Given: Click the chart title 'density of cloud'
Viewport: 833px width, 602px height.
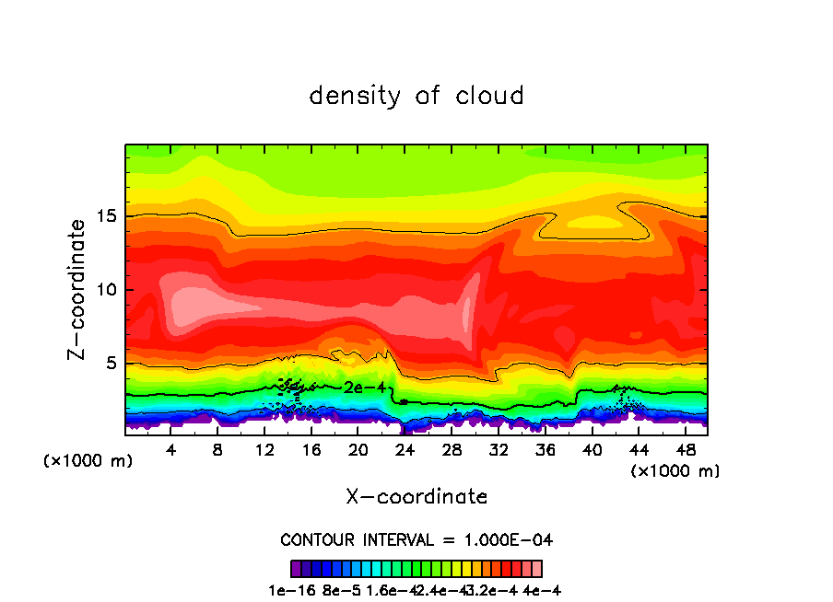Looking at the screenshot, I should point(416,96).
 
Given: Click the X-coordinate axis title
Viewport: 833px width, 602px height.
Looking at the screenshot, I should point(416,497).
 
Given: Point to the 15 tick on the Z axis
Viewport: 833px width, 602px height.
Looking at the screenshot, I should point(108,216).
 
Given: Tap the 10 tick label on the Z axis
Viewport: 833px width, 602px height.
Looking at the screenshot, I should point(108,289).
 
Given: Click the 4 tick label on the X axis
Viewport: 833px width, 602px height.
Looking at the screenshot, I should point(171,450).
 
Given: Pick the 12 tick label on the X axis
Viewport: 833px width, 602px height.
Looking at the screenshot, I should point(264,450).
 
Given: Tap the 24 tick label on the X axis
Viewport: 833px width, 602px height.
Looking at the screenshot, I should point(405,450).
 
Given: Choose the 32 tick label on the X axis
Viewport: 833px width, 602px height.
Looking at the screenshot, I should point(498,450).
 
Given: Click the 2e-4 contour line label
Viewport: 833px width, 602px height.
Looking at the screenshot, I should point(364,388).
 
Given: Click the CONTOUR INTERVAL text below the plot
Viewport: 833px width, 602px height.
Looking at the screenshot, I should point(416,539).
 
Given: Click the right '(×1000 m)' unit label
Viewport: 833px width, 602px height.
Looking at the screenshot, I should point(675,471).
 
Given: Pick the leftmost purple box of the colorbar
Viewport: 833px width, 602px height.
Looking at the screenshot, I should point(297,569).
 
